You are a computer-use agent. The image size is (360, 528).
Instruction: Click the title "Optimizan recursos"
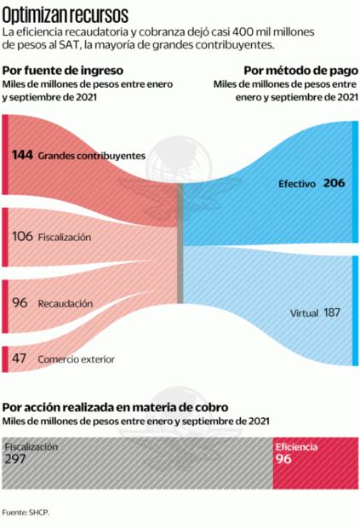pyautogui.click(x=66, y=14)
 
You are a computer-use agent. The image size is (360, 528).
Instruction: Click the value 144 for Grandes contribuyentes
pyautogui.click(x=23, y=156)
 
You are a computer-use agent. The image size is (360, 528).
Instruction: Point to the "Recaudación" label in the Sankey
pyautogui.click(x=65, y=302)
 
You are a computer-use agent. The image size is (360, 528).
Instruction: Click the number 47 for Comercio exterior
pyautogui.click(x=19, y=359)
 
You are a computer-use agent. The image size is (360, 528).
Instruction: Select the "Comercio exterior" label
pyautogui.click(x=76, y=359)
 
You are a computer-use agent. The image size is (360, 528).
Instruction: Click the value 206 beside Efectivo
pyautogui.click(x=334, y=183)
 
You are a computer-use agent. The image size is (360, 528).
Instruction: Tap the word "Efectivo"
pyautogui.click(x=297, y=184)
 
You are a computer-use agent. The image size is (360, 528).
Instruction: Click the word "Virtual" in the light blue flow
pyautogui.click(x=304, y=313)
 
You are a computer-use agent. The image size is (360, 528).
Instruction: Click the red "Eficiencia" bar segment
pyautogui.click(x=314, y=464)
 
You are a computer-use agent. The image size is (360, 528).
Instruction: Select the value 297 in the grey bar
pyautogui.click(x=16, y=458)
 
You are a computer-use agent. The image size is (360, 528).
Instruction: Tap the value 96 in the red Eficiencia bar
pyautogui.click(x=283, y=459)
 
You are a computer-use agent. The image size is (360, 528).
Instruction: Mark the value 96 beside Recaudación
pyautogui.click(x=20, y=302)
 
